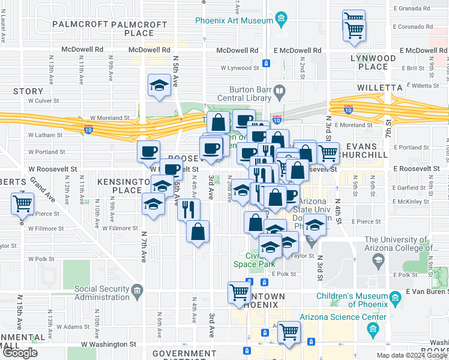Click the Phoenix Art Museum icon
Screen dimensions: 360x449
282,20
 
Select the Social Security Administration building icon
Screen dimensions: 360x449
137,292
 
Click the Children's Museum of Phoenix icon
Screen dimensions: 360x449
394,297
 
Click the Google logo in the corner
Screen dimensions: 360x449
19,353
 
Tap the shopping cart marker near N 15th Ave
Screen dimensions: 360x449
22,205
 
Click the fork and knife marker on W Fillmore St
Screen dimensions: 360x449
188,209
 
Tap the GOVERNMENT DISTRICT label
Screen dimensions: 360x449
184,354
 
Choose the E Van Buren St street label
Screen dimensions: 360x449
426,291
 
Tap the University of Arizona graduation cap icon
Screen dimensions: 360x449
378,260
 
